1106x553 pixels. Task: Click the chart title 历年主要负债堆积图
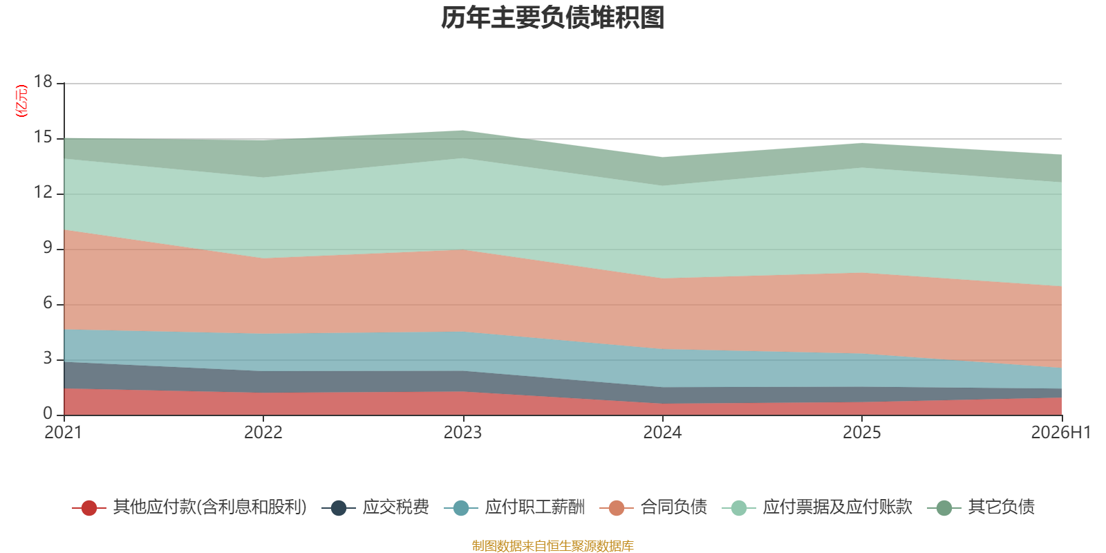tap(552, 18)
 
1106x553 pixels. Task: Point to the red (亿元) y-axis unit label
tap(21, 101)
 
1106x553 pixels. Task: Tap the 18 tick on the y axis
tap(43, 82)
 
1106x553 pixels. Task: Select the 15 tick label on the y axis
tap(43, 137)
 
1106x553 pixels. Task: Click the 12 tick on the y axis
tap(43, 192)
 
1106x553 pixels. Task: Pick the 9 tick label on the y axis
tap(48, 247)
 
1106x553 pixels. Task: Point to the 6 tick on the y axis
tap(48, 303)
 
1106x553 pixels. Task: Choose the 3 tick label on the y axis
tap(48, 358)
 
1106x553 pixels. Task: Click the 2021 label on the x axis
tap(63, 433)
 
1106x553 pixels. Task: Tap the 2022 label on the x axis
tap(263, 433)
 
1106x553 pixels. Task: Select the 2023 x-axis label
tap(462, 433)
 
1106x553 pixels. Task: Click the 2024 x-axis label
tap(662, 433)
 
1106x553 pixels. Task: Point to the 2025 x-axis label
tap(861, 433)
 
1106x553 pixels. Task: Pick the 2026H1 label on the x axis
tap(1061, 433)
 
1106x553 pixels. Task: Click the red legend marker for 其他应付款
tap(89, 507)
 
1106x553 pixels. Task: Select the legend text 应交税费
tap(395, 507)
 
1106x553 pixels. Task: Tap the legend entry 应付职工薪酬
tap(514, 507)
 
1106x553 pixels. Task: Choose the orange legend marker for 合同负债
tap(617, 507)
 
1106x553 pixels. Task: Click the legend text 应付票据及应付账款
tap(837, 507)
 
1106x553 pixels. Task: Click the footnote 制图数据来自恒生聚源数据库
tap(552, 545)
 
